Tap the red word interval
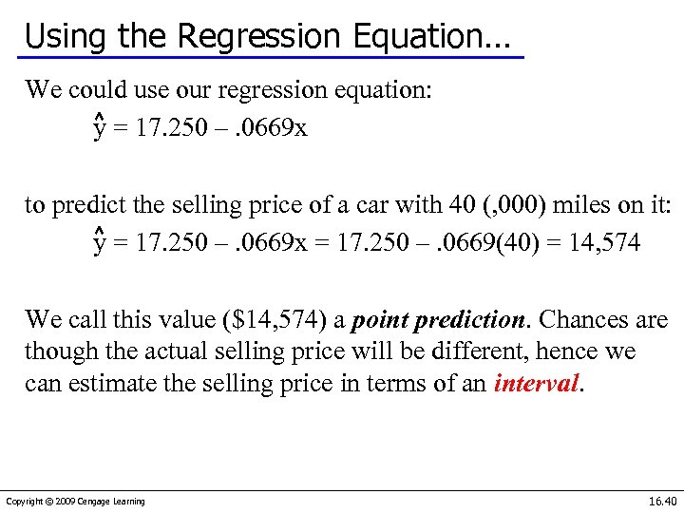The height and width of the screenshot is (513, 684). pyautogui.click(x=536, y=384)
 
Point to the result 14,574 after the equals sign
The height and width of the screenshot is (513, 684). pyautogui.click(x=606, y=243)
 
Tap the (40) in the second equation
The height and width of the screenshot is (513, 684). pyautogui.click(x=533, y=243)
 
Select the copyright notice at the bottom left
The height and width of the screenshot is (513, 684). pyautogui.click(x=75, y=501)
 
